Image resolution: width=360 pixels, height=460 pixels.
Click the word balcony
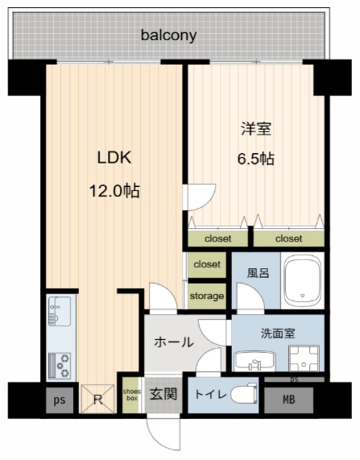click(168, 36)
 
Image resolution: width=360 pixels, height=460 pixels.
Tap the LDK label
click(114, 157)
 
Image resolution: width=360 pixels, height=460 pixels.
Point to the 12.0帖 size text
click(114, 190)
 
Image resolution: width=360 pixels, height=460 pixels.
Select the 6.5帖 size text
click(256, 159)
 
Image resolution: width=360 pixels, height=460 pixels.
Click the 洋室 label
click(256, 129)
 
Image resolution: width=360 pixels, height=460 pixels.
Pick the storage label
click(207, 296)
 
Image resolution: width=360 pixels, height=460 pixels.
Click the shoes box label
click(131, 395)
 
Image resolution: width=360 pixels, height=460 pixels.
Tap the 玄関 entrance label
click(163, 394)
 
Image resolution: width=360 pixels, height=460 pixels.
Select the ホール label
click(174, 342)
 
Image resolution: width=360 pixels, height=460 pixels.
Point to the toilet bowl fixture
click(244, 395)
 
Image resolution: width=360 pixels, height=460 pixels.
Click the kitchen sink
click(60, 311)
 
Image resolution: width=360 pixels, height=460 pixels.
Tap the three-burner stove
click(60, 366)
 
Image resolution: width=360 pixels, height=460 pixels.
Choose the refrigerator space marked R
click(98, 399)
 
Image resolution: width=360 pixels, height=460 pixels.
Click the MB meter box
click(289, 400)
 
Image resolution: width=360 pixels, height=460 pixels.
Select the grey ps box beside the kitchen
click(60, 400)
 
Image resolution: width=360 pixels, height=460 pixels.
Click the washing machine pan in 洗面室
click(304, 358)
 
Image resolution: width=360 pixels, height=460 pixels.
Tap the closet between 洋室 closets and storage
click(207, 265)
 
